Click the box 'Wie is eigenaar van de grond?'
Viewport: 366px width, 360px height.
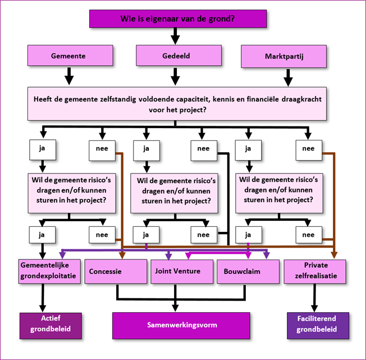point(177,19)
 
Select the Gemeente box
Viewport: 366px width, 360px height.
point(68,57)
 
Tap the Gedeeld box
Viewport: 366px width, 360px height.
point(175,57)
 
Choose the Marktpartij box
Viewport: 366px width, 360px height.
point(283,57)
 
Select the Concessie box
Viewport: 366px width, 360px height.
point(116,271)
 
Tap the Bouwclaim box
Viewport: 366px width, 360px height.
point(247,271)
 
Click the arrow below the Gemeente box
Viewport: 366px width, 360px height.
point(68,76)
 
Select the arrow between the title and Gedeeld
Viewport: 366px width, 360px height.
point(175,36)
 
